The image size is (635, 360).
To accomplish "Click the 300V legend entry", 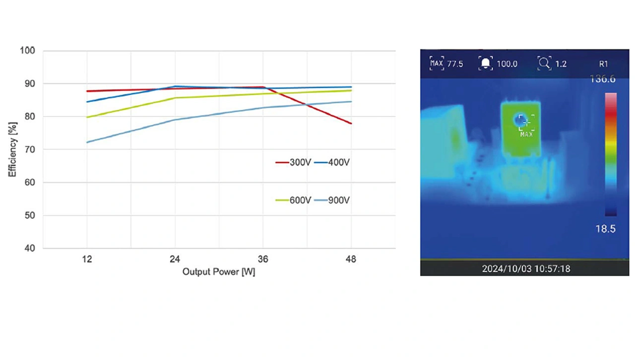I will coord(293,162).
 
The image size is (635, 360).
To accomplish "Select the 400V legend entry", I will coord(332,162).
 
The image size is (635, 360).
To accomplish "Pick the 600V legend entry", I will coord(293,200).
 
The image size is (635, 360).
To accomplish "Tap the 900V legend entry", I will coord(332,200).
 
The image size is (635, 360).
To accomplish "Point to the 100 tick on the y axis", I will coord(27,51).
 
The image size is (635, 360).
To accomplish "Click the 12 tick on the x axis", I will coord(87,259).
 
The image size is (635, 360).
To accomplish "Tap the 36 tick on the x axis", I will coord(263,259).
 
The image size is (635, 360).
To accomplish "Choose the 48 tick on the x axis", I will coord(351,259).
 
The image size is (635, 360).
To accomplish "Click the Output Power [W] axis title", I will coord(219,272).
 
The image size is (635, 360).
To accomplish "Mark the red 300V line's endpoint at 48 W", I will coord(351,123).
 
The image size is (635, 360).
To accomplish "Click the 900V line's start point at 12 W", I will coord(87,142).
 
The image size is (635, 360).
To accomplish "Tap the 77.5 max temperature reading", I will coord(455,63).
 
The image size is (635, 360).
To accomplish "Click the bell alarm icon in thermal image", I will coord(485,63).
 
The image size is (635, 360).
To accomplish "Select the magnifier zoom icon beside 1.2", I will coord(544,63).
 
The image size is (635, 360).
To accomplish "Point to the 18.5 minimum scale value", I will coord(605,229).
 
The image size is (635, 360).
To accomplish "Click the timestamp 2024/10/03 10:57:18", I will coord(526,269).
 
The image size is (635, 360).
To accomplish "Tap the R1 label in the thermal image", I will coord(603,63).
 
